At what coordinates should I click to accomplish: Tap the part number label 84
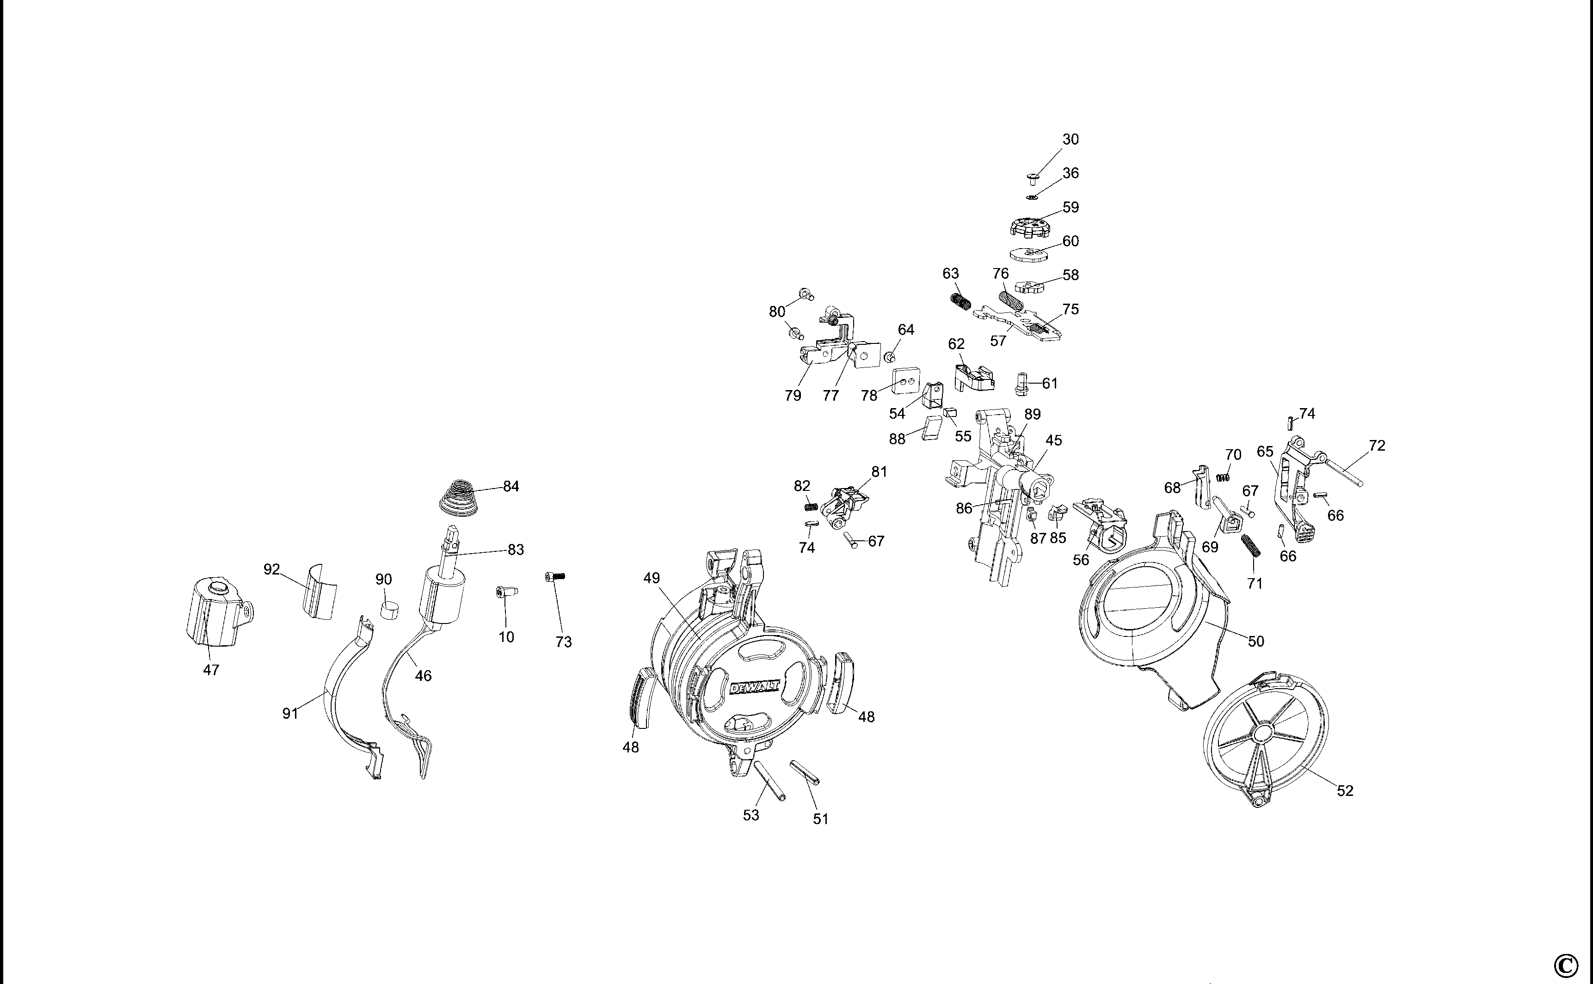(x=511, y=486)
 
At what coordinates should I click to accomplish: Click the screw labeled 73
(x=554, y=577)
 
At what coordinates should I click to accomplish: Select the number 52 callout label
(x=1345, y=791)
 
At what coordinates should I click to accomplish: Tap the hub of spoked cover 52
(x=1261, y=734)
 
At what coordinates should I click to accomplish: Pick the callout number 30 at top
(x=1070, y=139)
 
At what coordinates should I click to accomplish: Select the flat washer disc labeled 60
(x=1028, y=253)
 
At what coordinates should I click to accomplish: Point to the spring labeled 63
(x=959, y=301)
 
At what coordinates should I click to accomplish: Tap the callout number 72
(x=1377, y=446)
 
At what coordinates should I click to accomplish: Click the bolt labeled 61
(x=1021, y=383)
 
